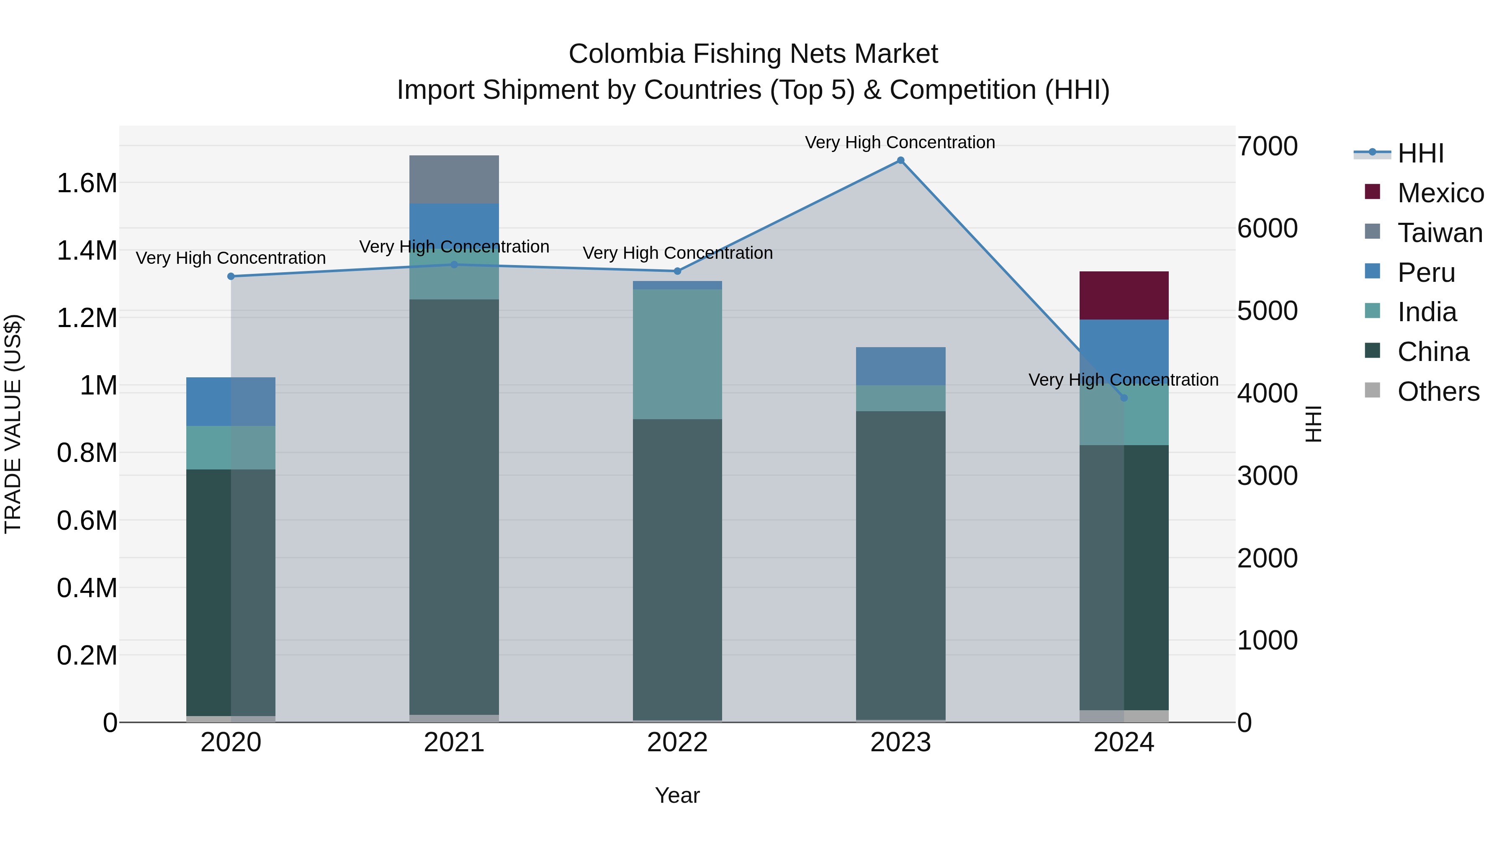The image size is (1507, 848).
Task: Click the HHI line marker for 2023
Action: (900, 160)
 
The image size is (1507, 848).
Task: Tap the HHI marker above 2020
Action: (231, 276)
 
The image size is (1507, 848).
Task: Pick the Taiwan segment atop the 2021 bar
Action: (454, 179)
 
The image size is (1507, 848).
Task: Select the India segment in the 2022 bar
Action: (677, 354)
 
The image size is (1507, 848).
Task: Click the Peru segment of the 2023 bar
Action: (900, 366)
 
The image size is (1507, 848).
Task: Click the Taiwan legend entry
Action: (1440, 233)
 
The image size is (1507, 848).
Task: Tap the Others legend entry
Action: (1438, 392)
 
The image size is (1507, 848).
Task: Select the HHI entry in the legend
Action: (1420, 153)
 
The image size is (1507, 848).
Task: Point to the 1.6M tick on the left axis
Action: (87, 183)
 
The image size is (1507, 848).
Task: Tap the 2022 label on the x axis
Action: (677, 742)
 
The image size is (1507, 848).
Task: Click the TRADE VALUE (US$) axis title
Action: (13, 424)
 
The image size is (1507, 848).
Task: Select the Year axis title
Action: (677, 795)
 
